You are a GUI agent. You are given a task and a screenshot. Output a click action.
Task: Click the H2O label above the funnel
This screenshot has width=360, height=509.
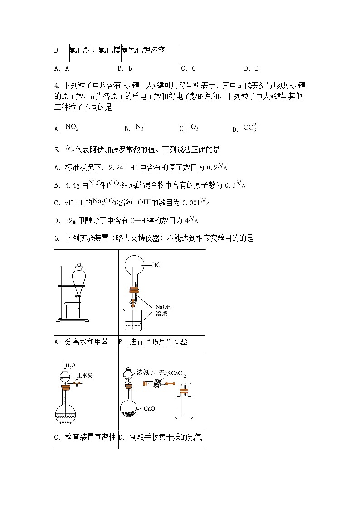[x=70, y=365]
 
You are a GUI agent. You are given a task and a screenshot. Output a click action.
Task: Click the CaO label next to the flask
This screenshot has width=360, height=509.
[x=149, y=408]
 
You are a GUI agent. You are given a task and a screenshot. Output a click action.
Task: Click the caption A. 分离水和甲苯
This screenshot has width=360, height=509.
[x=82, y=342]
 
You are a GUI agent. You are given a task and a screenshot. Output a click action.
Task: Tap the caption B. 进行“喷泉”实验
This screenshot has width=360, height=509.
[x=153, y=342]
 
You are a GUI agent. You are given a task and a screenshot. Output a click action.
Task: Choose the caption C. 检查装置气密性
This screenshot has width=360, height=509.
[x=85, y=437]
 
